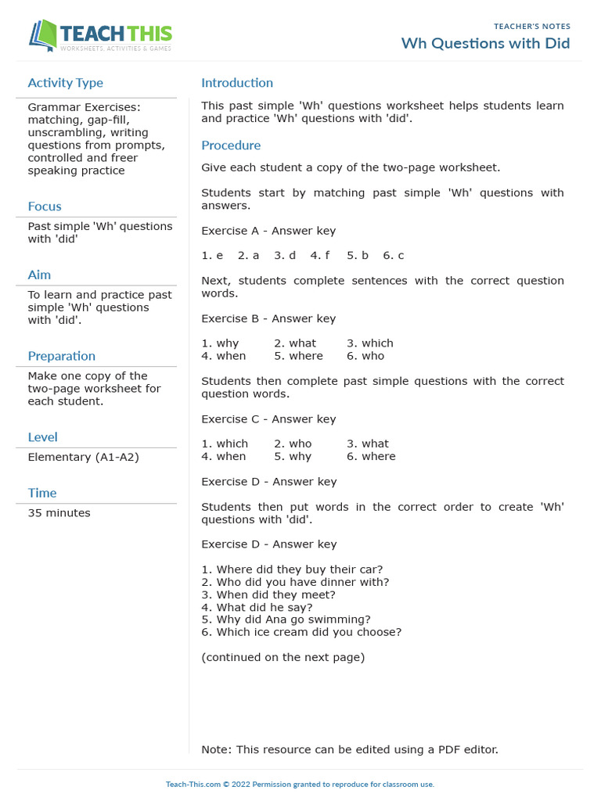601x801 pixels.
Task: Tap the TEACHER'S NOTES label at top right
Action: click(x=532, y=26)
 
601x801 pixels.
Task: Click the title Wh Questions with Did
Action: click(x=485, y=43)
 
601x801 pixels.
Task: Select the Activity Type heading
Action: click(x=65, y=83)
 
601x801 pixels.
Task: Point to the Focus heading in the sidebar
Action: click(x=45, y=207)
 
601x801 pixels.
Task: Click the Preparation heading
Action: click(x=62, y=356)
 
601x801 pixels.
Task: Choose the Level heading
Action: click(x=42, y=437)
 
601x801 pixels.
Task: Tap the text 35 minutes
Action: click(x=59, y=513)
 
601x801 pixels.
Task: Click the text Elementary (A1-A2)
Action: click(x=83, y=457)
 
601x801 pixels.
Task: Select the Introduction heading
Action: click(x=237, y=83)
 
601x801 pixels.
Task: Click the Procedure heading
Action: click(x=231, y=145)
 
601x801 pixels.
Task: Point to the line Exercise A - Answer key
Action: click(x=268, y=231)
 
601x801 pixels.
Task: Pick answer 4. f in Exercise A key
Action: click(x=319, y=256)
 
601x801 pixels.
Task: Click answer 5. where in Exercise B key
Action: click(x=298, y=356)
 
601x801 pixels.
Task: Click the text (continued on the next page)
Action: click(x=283, y=657)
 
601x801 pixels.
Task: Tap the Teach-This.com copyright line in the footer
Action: click(x=300, y=784)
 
